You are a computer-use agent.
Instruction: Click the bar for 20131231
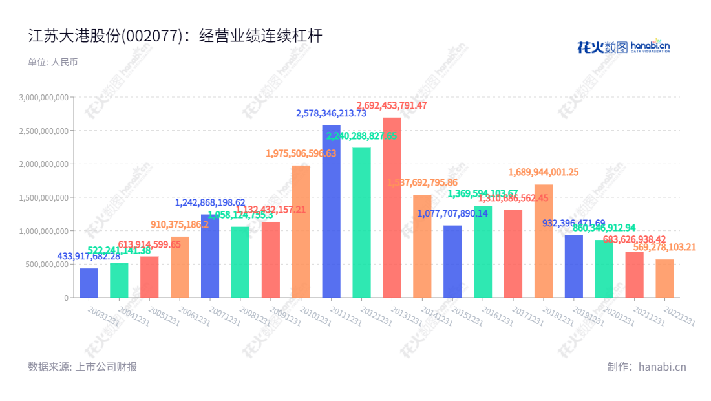tap(392, 207)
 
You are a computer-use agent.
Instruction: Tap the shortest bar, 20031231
tap(89, 283)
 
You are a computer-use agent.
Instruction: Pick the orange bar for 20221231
tap(664, 278)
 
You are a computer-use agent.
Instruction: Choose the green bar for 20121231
tap(361, 222)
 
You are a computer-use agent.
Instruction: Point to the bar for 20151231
tap(452, 261)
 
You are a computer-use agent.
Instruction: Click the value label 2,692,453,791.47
tap(392, 105)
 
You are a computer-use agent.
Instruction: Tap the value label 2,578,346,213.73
tap(331, 113)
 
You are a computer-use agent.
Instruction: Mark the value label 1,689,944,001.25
tap(544, 172)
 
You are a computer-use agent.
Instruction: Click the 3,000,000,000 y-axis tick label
tap(44, 98)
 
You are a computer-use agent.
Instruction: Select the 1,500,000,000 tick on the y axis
tap(44, 197)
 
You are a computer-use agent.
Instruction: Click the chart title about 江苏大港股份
tap(175, 36)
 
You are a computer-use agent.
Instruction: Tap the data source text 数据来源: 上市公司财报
tap(83, 367)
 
